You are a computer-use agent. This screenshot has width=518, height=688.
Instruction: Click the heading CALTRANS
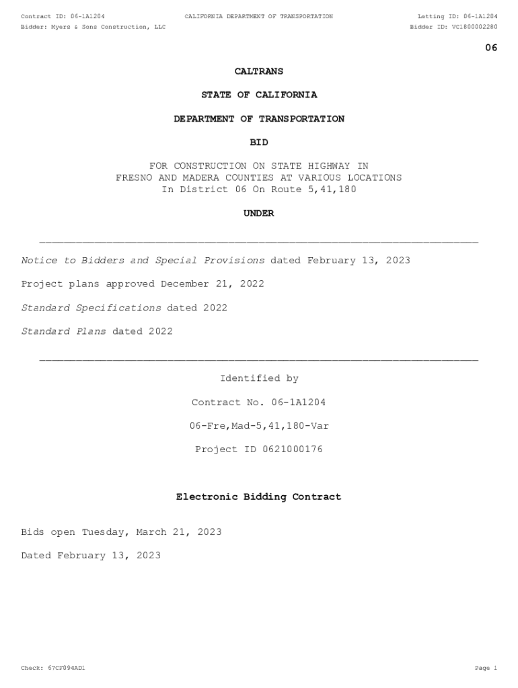tap(259, 71)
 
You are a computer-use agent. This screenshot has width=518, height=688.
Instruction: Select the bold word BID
tap(259, 142)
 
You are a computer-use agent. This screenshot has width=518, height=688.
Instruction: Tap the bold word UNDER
tap(259, 214)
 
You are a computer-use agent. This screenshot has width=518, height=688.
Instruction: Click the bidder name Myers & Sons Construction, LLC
tap(108, 27)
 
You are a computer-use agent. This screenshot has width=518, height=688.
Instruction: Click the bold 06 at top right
tap(491, 48)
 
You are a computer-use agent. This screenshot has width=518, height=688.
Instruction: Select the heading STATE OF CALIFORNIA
tap(259, 95)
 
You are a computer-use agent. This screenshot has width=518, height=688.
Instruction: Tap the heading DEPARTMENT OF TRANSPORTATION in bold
tap(259, 119)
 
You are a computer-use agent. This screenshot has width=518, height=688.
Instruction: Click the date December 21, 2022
tap(212, 284)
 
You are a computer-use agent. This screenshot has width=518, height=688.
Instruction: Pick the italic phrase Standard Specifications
tap(91, 308)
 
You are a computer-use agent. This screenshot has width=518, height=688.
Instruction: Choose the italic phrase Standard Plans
tap(63, 331)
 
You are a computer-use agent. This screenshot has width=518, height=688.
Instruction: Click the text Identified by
tap(259, 379)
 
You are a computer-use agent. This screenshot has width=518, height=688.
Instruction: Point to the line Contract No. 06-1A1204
tap(259, 402)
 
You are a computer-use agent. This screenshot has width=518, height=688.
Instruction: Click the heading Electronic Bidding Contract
tap(259, 497)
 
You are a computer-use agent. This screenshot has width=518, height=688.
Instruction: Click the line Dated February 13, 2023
tap(91, 556)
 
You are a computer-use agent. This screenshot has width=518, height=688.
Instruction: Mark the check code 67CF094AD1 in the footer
tap(66, 669)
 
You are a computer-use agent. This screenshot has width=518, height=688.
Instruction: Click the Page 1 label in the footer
tap(486, 669)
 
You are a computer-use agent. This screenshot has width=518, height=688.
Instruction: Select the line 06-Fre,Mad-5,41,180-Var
tap(259, 426)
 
